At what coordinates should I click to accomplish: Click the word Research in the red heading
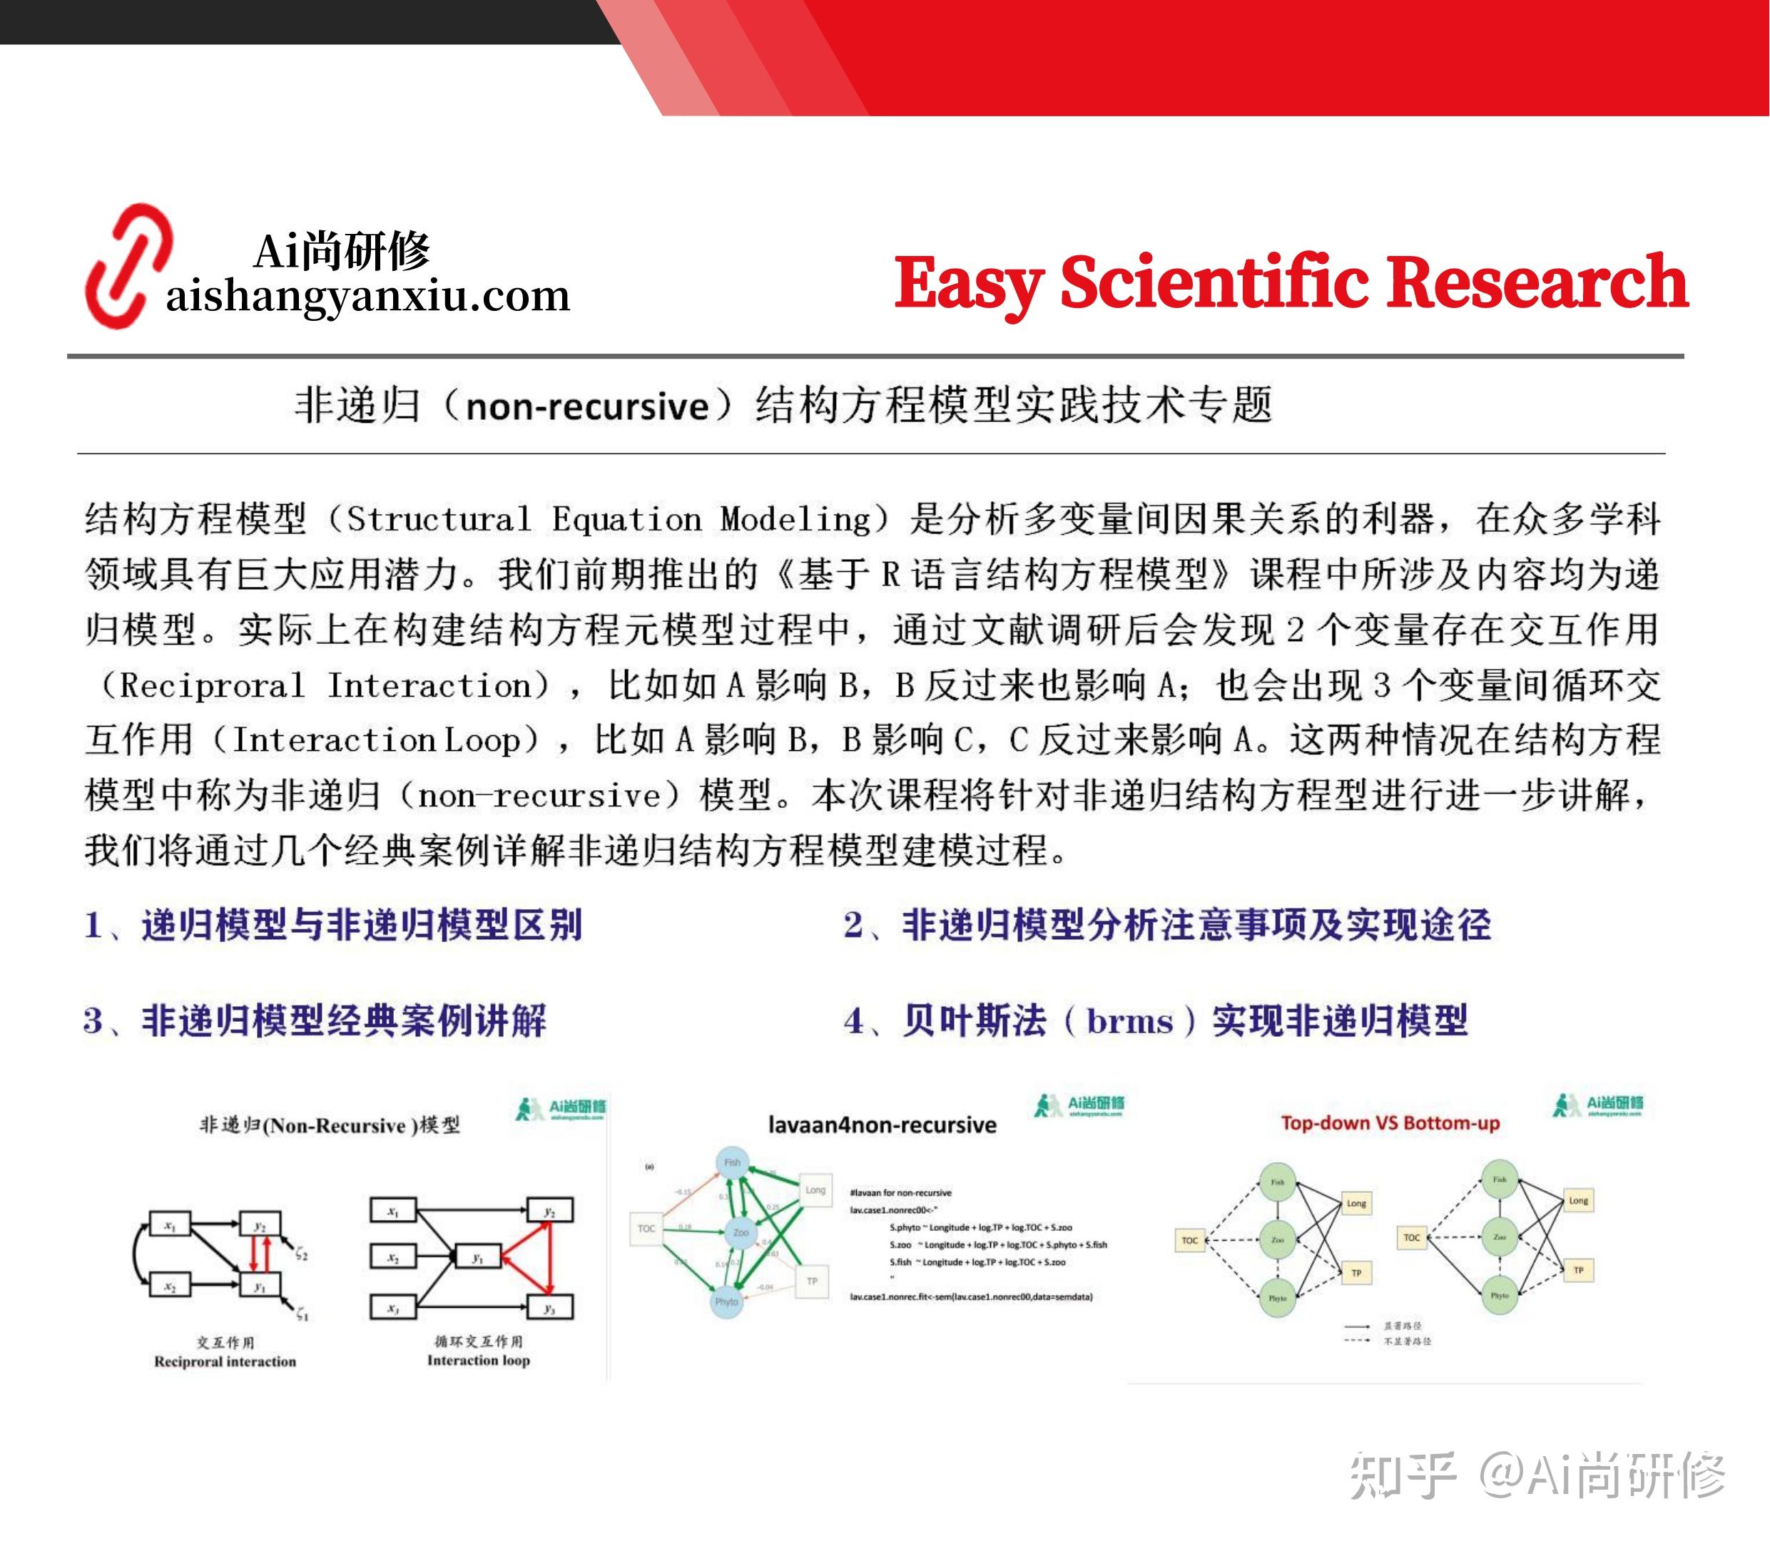pos(1536,282)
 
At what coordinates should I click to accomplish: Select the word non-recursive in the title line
pos(587,406)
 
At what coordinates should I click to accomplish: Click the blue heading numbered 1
pos(333,925)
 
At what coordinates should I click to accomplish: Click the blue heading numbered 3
pos(315,1020)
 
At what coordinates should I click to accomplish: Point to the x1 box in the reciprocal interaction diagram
pos(170,1226)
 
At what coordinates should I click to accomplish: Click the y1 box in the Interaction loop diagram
pos(477,1258)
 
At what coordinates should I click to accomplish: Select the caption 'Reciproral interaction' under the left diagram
pos(225,1361)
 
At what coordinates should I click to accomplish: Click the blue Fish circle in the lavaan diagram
pos(732,1163)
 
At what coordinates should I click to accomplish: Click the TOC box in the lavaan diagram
pos(646,1228)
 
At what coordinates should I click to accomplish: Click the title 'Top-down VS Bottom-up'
pos(1390,1123)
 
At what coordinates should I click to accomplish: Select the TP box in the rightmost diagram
pos(1577,1270)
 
